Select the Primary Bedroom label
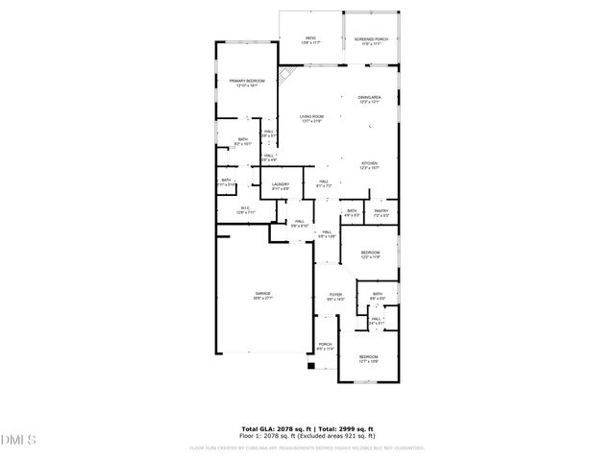pos(246,84)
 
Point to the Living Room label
pos(308,118)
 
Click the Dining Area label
pos(371,99)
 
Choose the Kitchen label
pos(370,165)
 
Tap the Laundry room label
pos(281,186)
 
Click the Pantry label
pos(381,213)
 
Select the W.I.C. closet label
pos(246,211)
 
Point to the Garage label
pos(262,296)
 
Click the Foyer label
pos(335,297)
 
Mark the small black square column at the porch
pos(311,365)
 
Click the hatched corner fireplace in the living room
pos(285,74)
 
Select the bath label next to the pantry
pos(352,213)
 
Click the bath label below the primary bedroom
pos(243,142)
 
